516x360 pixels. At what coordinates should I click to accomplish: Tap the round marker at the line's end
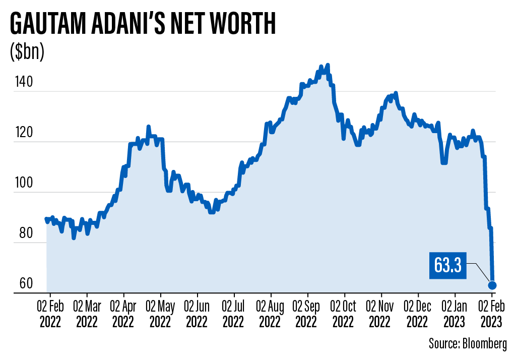(492, 285)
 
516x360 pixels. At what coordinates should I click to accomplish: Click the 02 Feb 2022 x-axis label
(50, 313)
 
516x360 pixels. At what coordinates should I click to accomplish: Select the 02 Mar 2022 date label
(87, 313)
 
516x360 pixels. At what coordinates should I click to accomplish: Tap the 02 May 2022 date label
(161, 313)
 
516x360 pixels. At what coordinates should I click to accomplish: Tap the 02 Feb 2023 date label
(492, 313)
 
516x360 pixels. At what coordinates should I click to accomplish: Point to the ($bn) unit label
(27, 52)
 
